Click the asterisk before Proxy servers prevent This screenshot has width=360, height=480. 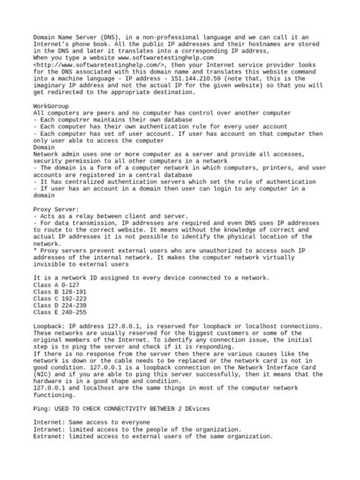tap(35, 250)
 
